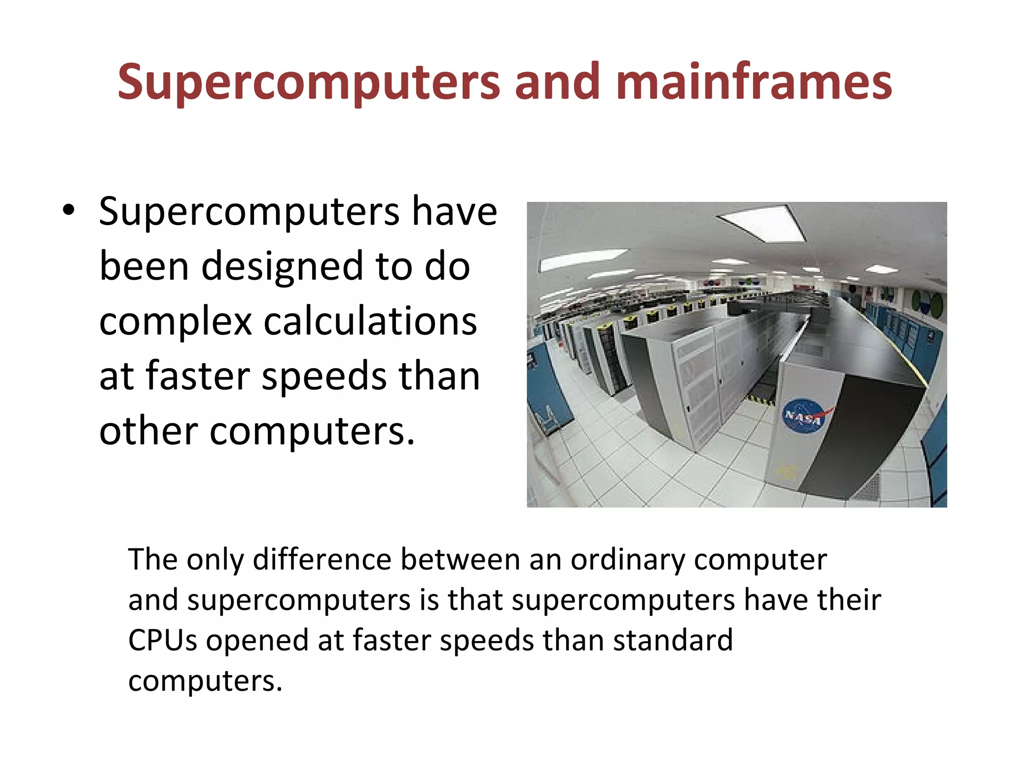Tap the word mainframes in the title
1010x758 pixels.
click(x=754, y=81)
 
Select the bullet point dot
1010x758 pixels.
click(x=69, y=211)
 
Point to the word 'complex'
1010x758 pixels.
click(x=176, y=322)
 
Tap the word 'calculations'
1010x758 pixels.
click(x=370, y=321)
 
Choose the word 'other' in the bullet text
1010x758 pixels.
click(x=148, y=430)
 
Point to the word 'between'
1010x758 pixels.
click(x=461, y=560)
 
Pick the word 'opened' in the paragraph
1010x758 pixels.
click(x=257, y=641)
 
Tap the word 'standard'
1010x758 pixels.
click(x=673, y=640)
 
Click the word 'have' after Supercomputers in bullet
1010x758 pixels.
click(x=454, y=211)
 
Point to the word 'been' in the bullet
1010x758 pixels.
click(x=144, y=266)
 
